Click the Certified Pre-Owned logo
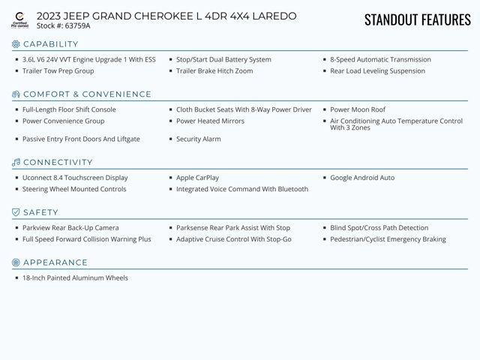tap(19, 20)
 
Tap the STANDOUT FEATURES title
tap(417, 19)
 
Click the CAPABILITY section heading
tap(50, 44)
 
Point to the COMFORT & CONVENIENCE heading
tap(87, 94)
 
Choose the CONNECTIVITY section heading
tap(58, 163)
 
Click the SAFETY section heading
tap(40, 212)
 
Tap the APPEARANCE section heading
tap(55, 262)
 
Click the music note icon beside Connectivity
tap(16, 163)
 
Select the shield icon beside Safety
tap(16, 212)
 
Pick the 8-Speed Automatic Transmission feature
tap(380, 59)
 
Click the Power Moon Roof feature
tap(358, 109)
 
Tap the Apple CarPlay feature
tap(197, 178)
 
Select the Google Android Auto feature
tap(362, 178)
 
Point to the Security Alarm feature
tap(198, 139)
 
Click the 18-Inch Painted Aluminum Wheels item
tap(75, 277)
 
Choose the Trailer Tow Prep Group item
tap(58, 71)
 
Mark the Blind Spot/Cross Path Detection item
tap(379, 228)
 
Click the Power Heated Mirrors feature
tap(210, 121)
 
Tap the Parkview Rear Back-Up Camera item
tap(70, 228)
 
